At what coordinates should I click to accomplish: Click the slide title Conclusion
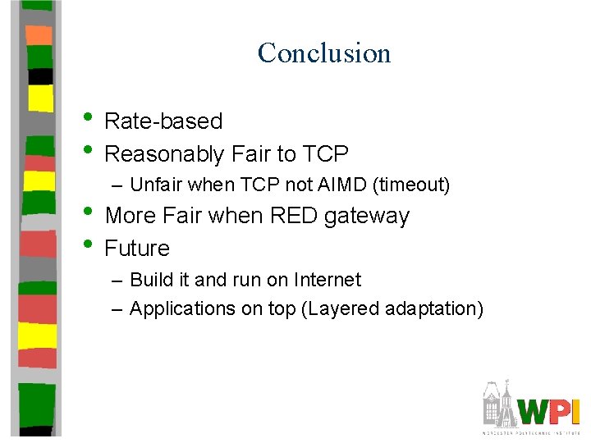coord(324,53)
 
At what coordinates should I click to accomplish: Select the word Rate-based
coord(164,121)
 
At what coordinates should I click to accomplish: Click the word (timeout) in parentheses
coord(411,185)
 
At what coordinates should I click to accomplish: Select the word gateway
coord(367,217)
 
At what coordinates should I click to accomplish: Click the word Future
coord(137,248)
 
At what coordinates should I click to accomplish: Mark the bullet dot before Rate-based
coord(89,120)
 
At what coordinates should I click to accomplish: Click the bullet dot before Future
coord(89,246)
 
